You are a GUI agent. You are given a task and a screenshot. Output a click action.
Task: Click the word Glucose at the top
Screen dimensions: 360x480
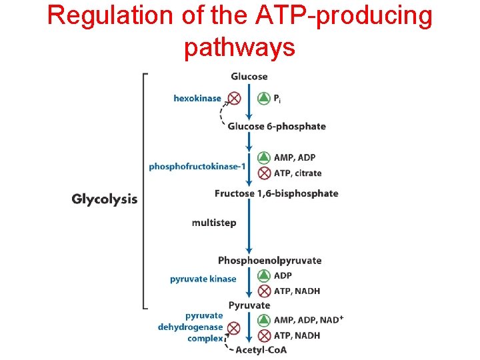click(x=249, y=77)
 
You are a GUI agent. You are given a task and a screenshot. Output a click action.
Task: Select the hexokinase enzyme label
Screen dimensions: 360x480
click(x=197, y=98)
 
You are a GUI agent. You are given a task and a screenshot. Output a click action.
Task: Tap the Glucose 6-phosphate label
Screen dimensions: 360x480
click(x=277, y=127)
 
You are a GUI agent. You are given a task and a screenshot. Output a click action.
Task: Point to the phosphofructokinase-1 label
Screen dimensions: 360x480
click(x=193, y=166)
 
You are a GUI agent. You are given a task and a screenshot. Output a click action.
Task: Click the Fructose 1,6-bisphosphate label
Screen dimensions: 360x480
click(x=276, y=193)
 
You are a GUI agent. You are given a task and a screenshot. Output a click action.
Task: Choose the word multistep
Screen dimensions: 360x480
click(x=213, y=223)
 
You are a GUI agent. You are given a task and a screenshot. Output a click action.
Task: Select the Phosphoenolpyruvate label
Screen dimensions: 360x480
click(x=269, y=260)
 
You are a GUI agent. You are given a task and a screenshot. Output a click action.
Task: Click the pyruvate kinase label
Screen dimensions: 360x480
click(x=203, y=279)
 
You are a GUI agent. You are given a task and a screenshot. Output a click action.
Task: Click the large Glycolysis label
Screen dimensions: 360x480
click(x=105, y=199)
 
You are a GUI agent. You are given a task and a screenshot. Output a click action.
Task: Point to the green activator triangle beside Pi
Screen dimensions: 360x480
click(x=264, y=98)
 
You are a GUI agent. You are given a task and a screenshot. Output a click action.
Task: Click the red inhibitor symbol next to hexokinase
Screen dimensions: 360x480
click(x=234, y=98)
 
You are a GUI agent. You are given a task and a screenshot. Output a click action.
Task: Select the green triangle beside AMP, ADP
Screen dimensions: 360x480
click(x=264, y=158)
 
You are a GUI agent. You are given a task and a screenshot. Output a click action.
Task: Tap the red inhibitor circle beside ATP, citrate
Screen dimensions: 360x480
click(x=264, y=173)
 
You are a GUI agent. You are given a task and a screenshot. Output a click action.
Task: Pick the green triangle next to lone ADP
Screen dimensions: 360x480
click(x=264, y=275)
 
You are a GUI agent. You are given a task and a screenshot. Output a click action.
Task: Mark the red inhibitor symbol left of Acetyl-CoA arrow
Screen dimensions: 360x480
click(x=233, y=328)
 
